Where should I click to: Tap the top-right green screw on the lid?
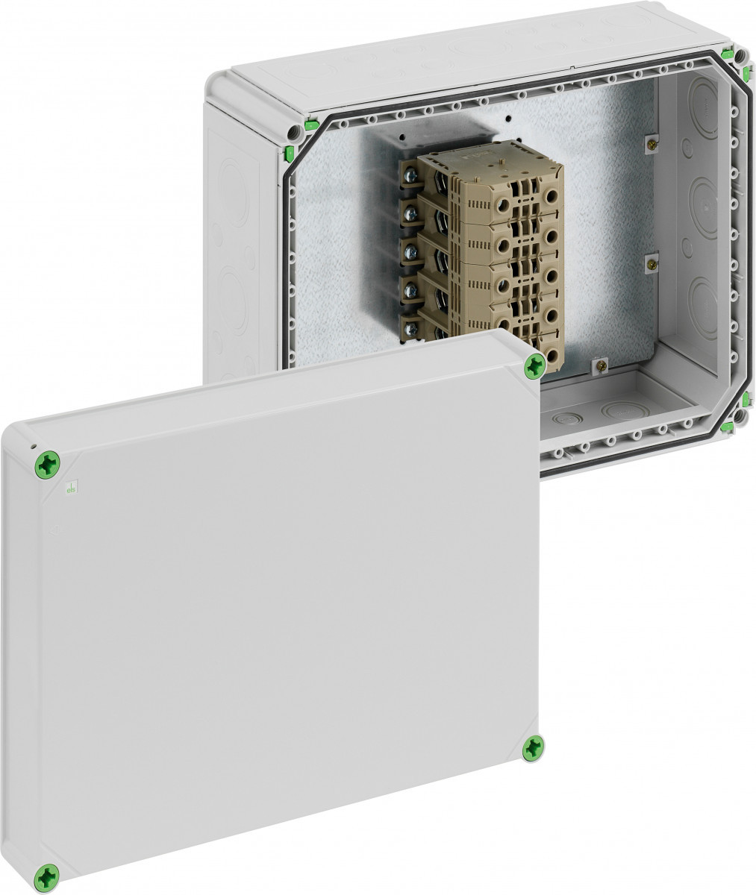pyautogui.click(x=534, y=365)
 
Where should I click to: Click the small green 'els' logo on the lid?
pyautogui.click(x=71, y=488)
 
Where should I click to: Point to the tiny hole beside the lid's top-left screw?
pyautogui.click(x=34, y=447)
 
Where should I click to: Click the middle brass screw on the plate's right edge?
pyautogui.click(x=651, y=262)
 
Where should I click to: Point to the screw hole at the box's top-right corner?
pyautogui.click(x=739, y=57)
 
